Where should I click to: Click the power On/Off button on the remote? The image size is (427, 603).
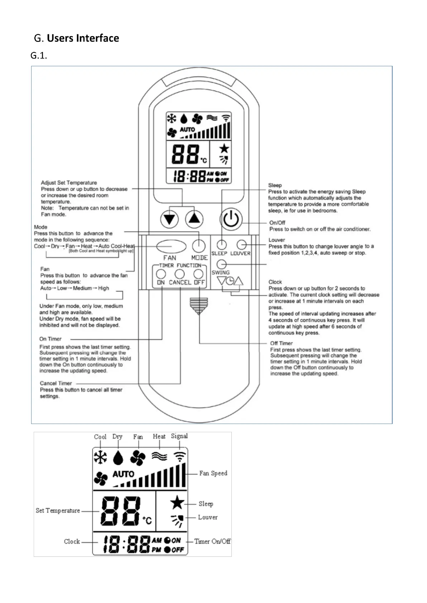click(x=231, y=219)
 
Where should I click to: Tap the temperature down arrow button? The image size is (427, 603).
click(x=169, y=219)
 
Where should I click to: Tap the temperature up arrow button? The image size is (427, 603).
click(x=194, y=219)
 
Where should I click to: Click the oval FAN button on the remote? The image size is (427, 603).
click(x=171, y=246)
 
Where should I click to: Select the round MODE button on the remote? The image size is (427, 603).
click(x=199, y=246)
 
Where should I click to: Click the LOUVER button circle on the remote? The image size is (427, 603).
click(x=242, y=245)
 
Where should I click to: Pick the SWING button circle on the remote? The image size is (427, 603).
click(x=222, y=264)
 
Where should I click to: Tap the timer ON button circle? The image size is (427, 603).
click(x=161, y=274)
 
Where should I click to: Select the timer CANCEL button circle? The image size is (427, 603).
click(x=179, y=274)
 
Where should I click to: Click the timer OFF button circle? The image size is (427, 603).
click(x=198, y=274)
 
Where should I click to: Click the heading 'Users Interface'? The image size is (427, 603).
click(x=83, y=38)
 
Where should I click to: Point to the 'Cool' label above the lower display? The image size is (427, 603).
click(x=100, y=437)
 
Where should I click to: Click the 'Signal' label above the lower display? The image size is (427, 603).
click(x=179, y=436)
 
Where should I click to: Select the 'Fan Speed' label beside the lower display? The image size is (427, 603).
click(x=213, y=473)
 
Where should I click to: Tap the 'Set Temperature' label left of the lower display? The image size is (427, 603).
click(x=58, y=511)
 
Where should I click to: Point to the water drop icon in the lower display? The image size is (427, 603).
click(x=118, y=458)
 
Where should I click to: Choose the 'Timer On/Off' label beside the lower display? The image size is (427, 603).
click(x=212, y=541)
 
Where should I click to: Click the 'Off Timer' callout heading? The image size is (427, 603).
click(x=281, y=343)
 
